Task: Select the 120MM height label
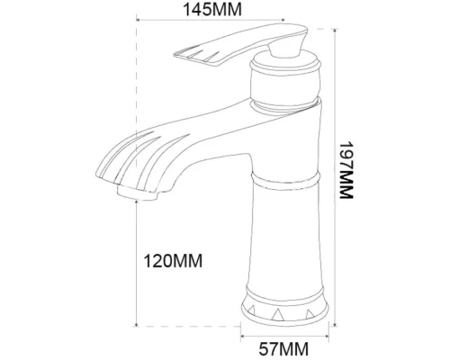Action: coord(174,261)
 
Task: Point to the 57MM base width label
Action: coord(286,346)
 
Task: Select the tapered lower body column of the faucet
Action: coord(285,243)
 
